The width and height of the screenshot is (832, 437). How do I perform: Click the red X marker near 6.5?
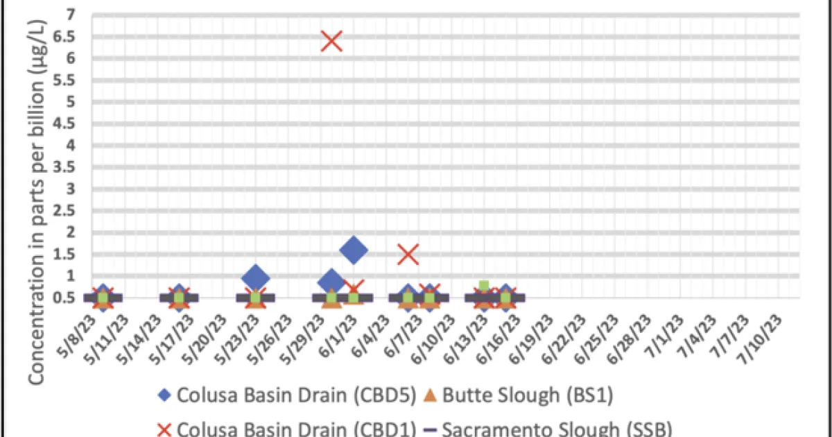point(331,41)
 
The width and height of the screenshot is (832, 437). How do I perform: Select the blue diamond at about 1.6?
point(353,250)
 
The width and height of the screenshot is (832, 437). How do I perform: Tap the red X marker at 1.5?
point(409,255)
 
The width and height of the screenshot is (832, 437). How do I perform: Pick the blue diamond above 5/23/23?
point(255,277)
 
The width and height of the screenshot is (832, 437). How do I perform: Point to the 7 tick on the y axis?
point(72,15)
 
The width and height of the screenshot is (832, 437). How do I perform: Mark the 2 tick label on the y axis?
point(72,232)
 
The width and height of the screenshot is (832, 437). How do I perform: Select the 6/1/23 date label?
point(345,329)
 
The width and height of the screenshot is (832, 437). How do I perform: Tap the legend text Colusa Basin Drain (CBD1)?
point(296,429)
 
